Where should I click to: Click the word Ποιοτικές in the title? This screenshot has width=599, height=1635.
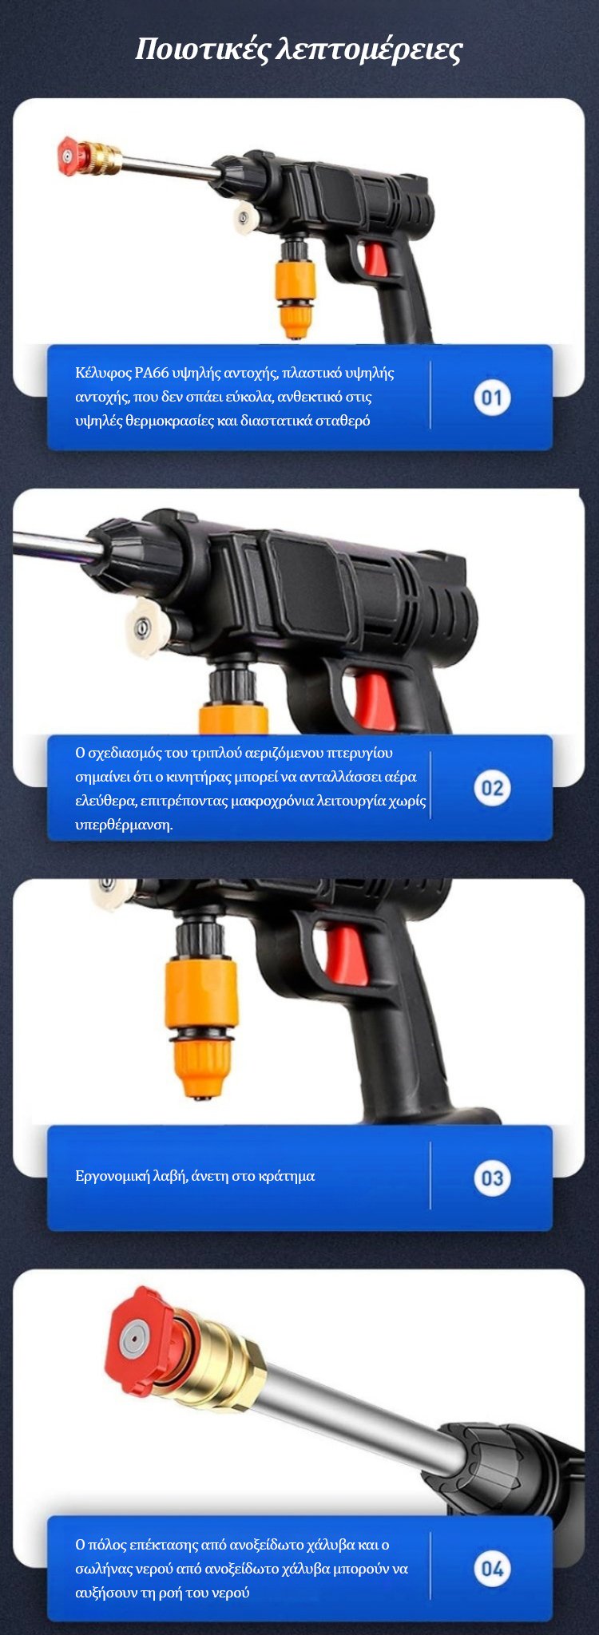pos(202,49)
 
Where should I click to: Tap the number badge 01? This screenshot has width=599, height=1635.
pos(492,398)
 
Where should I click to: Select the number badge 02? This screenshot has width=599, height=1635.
pos(492,788)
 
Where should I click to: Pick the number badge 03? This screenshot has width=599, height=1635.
pos(492,1178)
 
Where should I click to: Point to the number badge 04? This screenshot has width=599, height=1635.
pos(492,1569)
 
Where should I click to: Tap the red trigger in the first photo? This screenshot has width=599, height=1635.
pos(374,259)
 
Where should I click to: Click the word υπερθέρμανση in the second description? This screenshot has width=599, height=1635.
pos(124,825)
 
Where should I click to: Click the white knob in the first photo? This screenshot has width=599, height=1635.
pos(244,216)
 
